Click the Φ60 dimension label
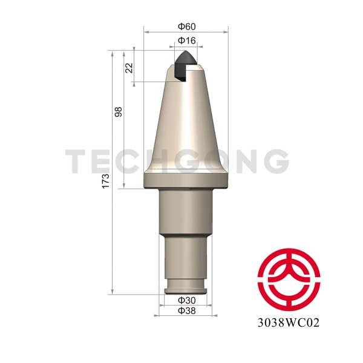186,27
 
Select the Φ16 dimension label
186,41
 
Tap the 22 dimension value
129,68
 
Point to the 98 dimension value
119,111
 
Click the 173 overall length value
105,181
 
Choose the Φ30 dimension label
186,300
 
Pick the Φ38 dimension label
186,311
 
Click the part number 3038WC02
289,322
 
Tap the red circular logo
289,280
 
